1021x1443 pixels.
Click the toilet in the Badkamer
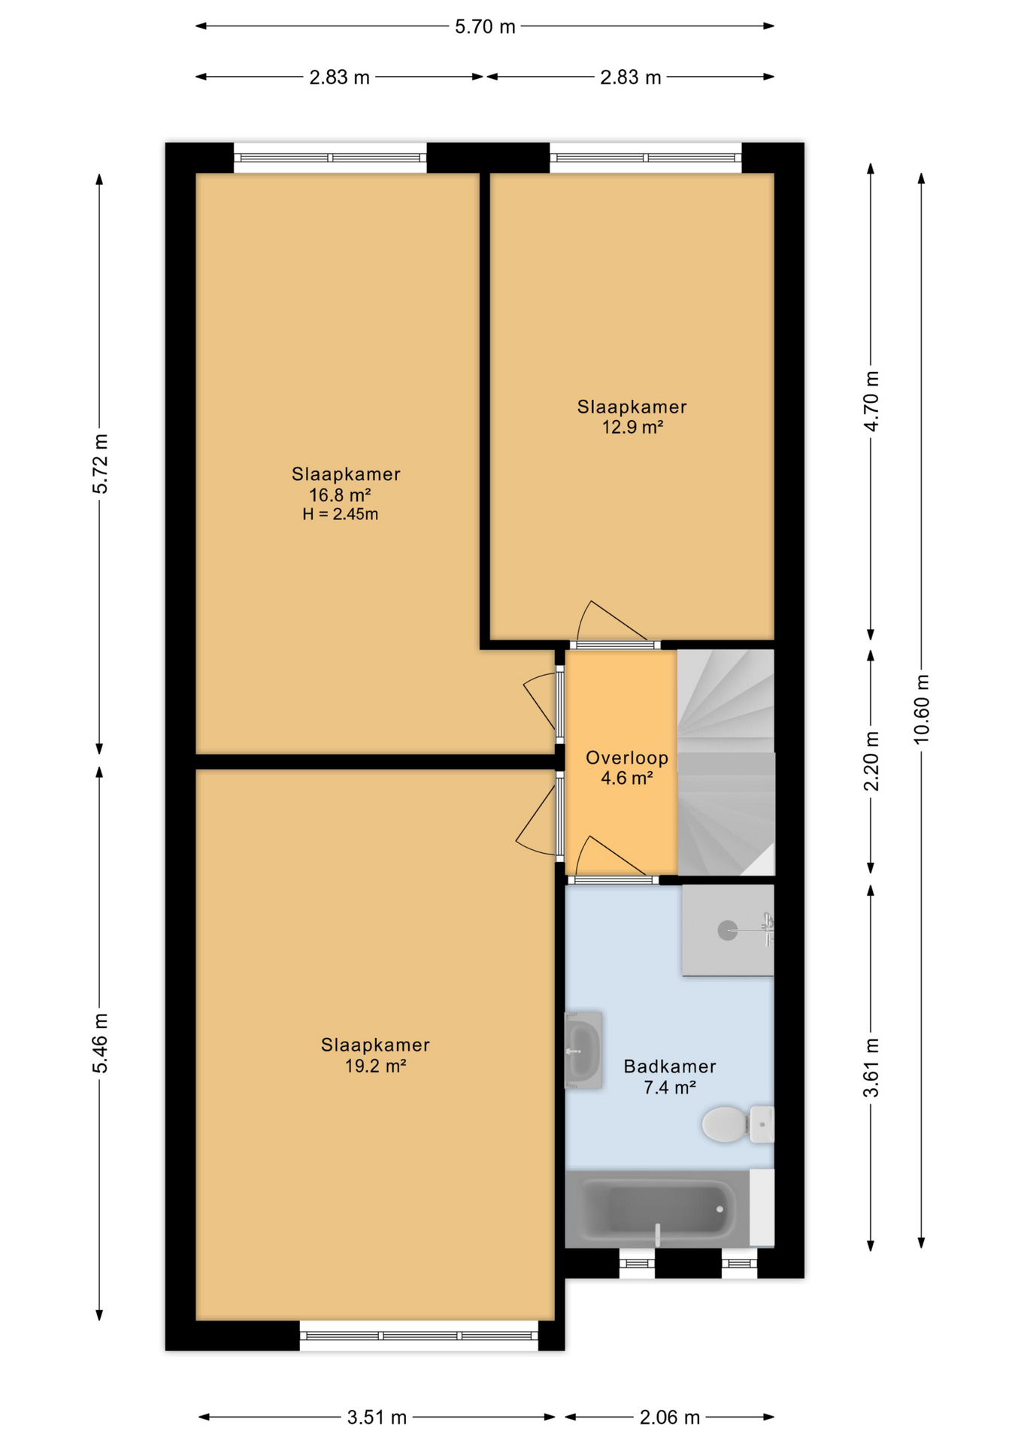(738, 1124)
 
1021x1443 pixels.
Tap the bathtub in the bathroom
(658, 1209)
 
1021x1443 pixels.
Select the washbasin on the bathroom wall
(583, 1050)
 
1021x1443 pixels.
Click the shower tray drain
(727, 930)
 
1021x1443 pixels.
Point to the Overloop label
(627, 758)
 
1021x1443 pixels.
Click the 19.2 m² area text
(375, 1066)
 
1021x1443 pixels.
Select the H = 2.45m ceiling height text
(340, 514)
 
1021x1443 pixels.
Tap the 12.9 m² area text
(632, 427)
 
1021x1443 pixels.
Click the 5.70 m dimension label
(485, 27)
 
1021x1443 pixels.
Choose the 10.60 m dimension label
(921, 709)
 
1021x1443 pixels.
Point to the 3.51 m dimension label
(377, 1417)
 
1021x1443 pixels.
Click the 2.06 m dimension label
(669, 1417)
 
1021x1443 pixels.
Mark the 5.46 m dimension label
(100, 1043)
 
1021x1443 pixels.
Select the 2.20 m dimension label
(871, 761)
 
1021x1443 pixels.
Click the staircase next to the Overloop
(726, 762)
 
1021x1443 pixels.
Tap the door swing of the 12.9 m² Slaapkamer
(612, 622)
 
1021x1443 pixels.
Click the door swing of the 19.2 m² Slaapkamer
(536, 817)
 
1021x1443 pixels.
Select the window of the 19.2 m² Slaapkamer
(419, 1336)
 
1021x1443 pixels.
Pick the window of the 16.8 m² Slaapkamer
(330, 158)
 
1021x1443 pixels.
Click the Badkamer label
(669, 1066)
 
